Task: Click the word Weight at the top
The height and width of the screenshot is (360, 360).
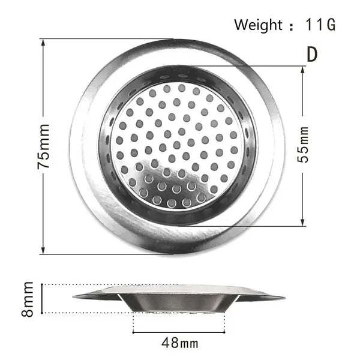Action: click(257, 25)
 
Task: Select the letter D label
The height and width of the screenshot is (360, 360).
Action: click(311, 53)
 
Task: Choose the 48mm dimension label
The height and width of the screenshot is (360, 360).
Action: click(180, 343)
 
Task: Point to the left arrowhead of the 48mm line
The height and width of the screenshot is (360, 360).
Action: click(135, 331)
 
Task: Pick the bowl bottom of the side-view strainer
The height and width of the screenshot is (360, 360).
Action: click(180, 310)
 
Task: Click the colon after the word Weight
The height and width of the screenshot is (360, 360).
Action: click(292, 26)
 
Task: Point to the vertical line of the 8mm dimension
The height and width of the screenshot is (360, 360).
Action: click(43, 298)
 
